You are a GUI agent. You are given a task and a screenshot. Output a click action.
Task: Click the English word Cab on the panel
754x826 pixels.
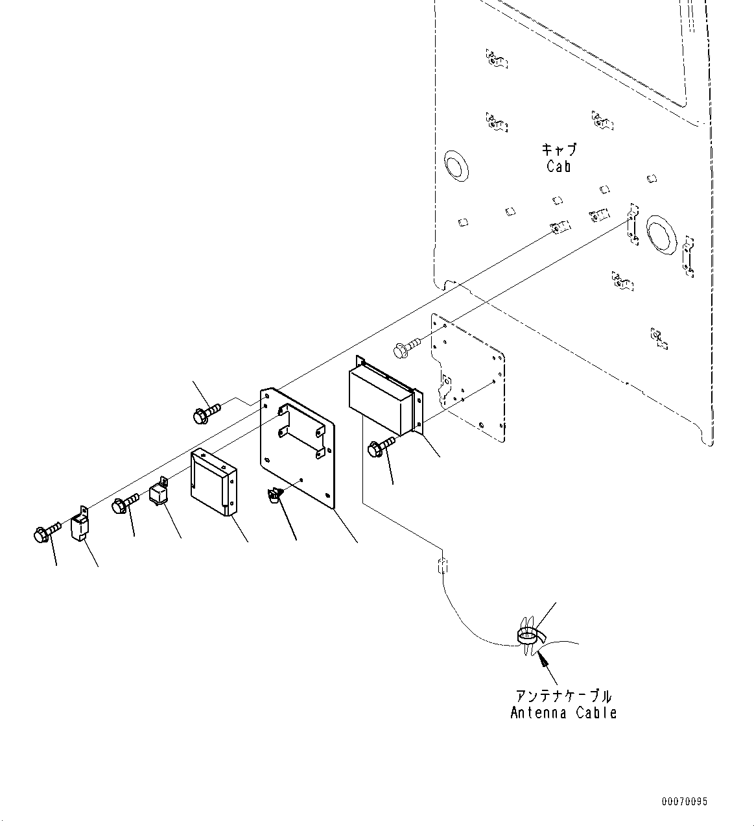[558, 167]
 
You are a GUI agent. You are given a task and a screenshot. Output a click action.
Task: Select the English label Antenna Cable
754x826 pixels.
[563, 713]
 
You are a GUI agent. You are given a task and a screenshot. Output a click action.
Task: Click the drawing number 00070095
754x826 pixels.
[685, 802]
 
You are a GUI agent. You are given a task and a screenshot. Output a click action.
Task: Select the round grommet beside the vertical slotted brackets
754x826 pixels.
[660, 232]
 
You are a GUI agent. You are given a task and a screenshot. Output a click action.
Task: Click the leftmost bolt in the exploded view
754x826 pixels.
[44, 532]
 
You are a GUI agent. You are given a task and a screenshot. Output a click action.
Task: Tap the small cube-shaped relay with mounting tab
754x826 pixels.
[159, 494]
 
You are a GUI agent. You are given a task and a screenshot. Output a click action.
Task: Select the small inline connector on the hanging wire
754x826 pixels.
[442, 565]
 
